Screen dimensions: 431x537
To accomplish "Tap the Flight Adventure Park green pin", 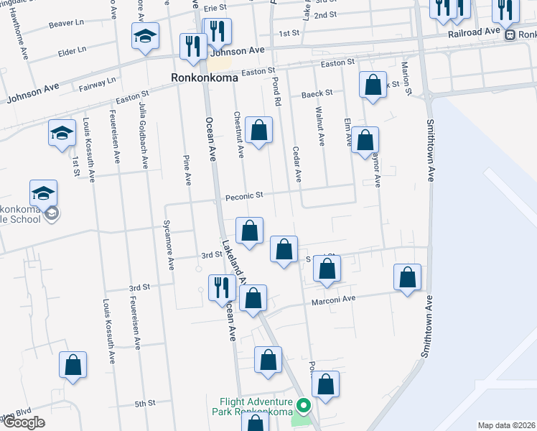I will tap(304, 407).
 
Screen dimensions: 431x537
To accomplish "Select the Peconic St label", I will tap(245, 195).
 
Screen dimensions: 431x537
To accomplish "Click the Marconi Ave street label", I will tap(333, 300).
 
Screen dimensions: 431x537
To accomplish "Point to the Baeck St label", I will tap(317, 93).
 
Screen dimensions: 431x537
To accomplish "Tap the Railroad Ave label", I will tap(473, 32).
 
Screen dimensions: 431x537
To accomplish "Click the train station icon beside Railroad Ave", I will tap(510, 34).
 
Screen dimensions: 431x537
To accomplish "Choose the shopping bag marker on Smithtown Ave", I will tap(408, 278).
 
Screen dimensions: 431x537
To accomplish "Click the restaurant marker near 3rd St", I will tap(221, 287).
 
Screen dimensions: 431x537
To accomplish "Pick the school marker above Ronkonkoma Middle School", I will tap(43, 193).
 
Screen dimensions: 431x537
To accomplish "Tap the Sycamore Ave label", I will tap(169, 245).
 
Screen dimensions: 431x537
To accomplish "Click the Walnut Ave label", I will tap(320, 126).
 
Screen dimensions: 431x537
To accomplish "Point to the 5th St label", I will tap(146, 404).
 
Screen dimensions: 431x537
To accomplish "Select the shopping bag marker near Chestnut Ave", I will tap(259, 131).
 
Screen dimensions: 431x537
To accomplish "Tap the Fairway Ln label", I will tap(101, 80).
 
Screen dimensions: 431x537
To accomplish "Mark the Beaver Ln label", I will tap(67, 24).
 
